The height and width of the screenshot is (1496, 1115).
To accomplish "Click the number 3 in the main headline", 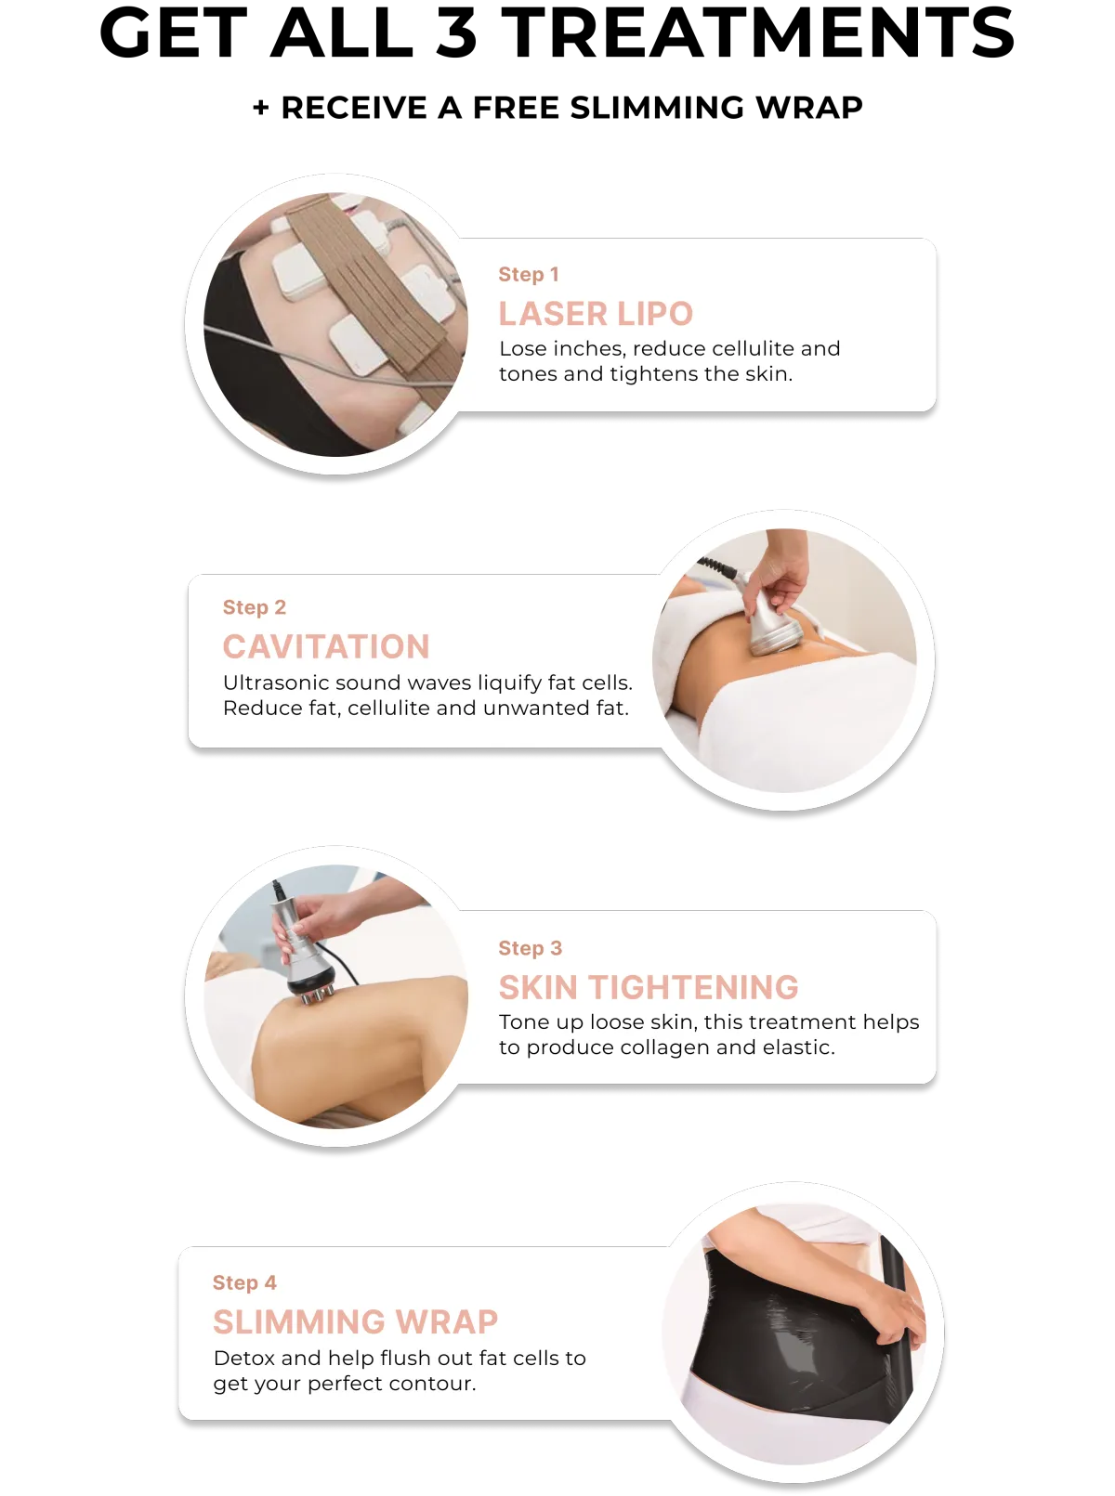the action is (x=457, y=32).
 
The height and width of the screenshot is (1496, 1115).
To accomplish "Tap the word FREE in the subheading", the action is (x=515, y=108).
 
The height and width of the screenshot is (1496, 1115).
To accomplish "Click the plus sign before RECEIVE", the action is (x=260, y=108).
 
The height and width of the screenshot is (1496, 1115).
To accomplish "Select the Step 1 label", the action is (x=529, y=275).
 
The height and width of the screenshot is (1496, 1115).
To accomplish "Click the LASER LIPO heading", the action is (x=596, y=314).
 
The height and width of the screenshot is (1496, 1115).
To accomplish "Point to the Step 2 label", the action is (x=255, y=607).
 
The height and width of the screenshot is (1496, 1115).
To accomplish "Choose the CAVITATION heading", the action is (x=326, y=646).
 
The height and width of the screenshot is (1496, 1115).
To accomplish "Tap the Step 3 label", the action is (x=530, y=948).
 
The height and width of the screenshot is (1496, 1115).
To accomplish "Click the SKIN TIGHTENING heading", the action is (x=649, y=987).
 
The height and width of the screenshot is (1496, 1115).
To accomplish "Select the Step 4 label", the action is (x=244, y=1282).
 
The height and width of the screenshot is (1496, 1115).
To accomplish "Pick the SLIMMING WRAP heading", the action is (x=355, y=1322).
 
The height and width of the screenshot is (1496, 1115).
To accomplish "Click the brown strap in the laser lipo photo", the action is (x=363, y=283).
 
